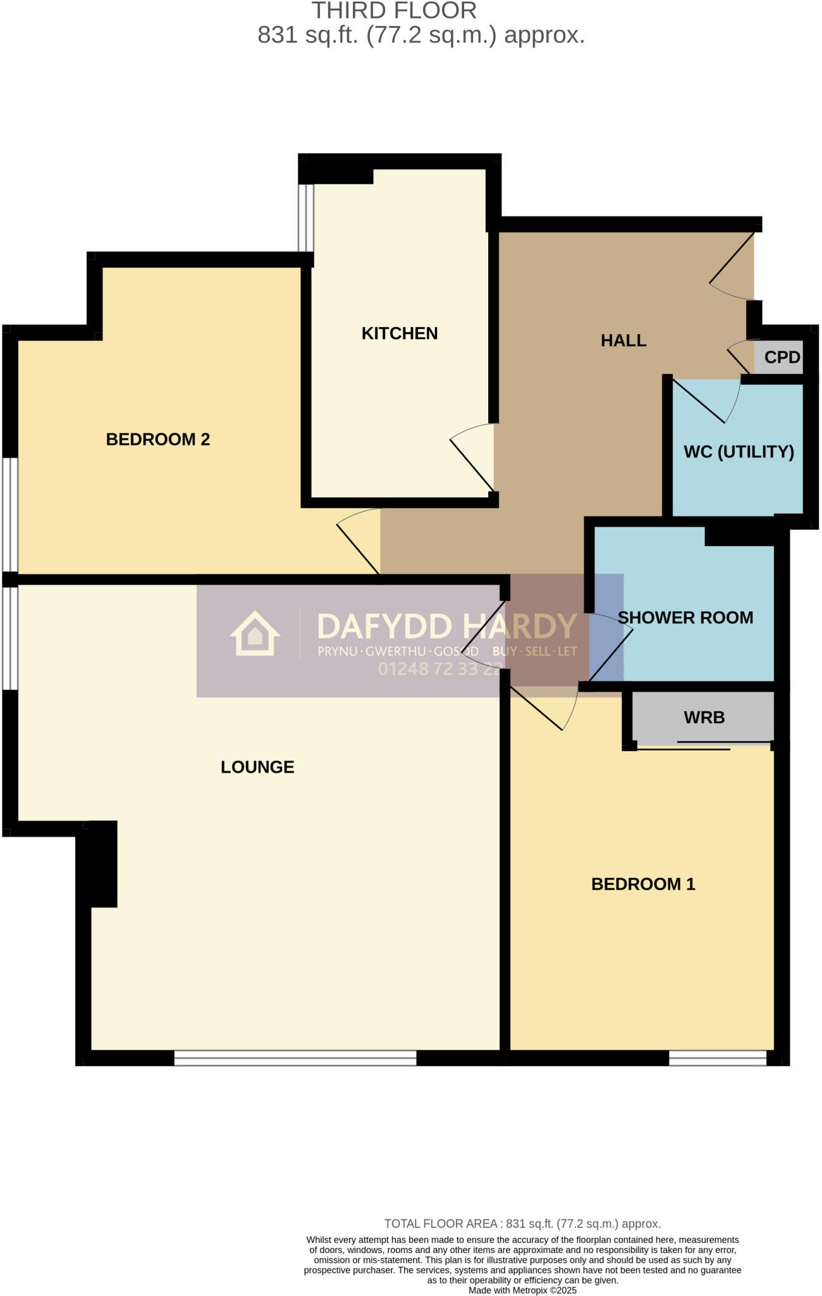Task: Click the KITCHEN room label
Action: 399,333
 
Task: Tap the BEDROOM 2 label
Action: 157,439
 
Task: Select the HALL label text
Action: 623,340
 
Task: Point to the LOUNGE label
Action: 257,767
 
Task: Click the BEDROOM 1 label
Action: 643,884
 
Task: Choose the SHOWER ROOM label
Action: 685,618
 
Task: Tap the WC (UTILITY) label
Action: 739,452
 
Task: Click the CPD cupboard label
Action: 782,358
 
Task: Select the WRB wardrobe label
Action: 704,718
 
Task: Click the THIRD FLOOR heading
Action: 394,11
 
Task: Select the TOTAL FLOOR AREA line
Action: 522,1224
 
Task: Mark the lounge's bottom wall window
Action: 295,1057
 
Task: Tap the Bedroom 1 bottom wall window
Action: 718,1057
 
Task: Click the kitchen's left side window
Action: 306,217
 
